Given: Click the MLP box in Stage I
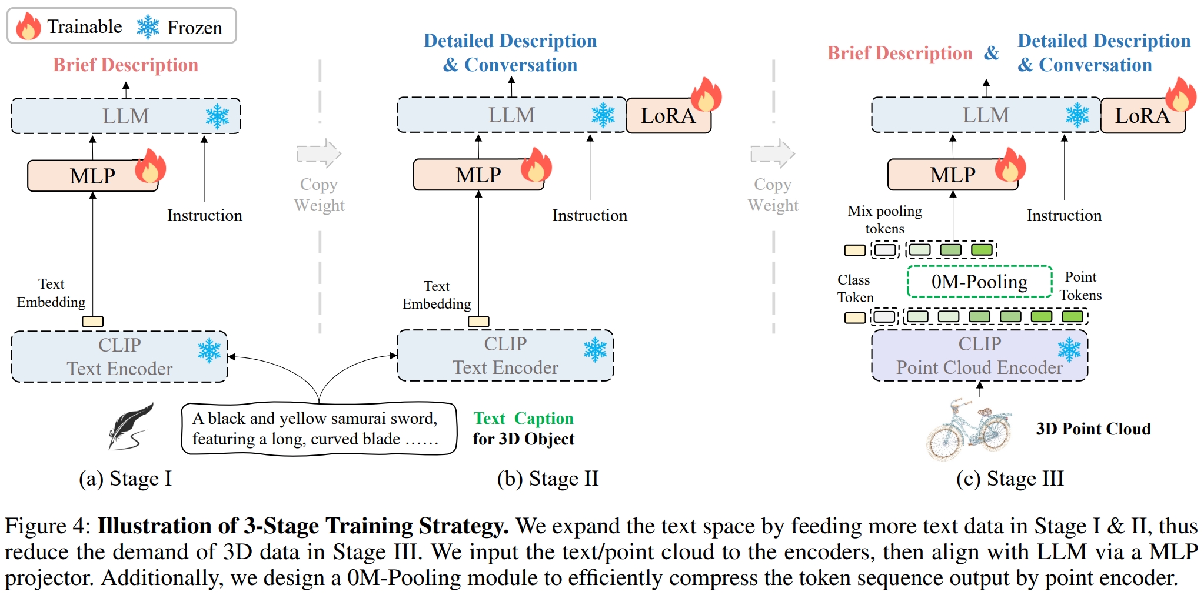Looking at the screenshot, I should [92, 176].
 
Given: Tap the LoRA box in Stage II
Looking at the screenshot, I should [668, 116].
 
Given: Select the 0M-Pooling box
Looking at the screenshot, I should [979, 282].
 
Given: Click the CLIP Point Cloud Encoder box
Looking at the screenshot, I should [979, 356].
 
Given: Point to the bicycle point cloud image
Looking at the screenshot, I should [968, 429].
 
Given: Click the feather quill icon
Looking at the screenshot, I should [131, 426].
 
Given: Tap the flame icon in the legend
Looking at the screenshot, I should [28, 26].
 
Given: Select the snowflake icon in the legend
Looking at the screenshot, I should [148, 27].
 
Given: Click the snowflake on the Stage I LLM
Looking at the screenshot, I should [217, 116].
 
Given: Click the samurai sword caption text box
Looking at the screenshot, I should [318, 429].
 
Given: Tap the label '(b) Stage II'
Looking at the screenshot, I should [547, 479].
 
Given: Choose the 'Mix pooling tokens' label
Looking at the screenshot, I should [884, 219].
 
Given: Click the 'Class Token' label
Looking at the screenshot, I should [855, 288].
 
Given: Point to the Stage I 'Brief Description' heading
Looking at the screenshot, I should [125, 65].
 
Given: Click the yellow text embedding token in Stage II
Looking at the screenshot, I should [478, 322].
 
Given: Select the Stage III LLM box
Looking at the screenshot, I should [985, 115].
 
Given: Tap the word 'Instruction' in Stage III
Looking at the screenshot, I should [1064, 216].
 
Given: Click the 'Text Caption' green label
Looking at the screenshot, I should [523, 418].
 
